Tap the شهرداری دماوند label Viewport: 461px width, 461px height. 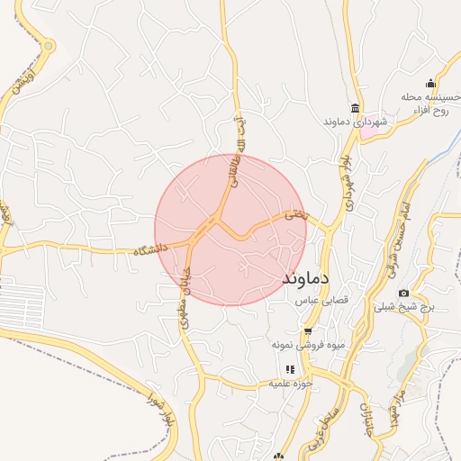356,120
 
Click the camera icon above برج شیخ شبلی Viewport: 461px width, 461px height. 403,293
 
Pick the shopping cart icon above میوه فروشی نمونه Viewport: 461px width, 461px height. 307,330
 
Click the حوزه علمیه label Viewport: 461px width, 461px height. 290,384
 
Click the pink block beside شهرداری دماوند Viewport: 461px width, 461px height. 369,131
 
